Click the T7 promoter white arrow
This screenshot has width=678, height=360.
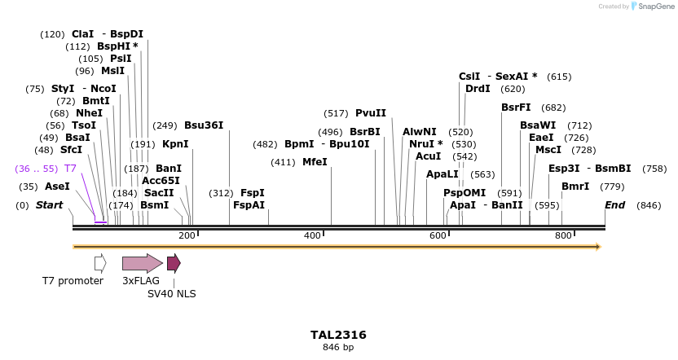pos(100,262)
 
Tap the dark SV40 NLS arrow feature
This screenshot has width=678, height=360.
pos(174,262)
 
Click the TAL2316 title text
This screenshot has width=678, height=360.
pos(338,335)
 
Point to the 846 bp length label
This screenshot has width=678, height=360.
pos(338,348)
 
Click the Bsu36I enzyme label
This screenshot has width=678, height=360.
pos(203,125)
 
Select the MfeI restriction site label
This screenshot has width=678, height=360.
pos(315,162)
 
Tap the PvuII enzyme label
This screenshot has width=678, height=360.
pos(371,113)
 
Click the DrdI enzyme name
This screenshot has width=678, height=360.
pos(478,89)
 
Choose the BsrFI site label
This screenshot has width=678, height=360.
pos(516,108)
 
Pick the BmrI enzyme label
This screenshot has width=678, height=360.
pos(575,187)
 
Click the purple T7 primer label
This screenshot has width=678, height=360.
pos(70,169)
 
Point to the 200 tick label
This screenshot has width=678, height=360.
pos(187,235)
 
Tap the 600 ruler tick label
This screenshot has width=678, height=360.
pos(438,235)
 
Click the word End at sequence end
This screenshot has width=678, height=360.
pos(614,205)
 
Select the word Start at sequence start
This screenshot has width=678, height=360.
pos(50,205)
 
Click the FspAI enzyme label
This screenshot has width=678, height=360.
pos(249,205)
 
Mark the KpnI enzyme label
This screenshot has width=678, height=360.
pos(175,144)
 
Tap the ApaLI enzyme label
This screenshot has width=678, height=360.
pos(442,174)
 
